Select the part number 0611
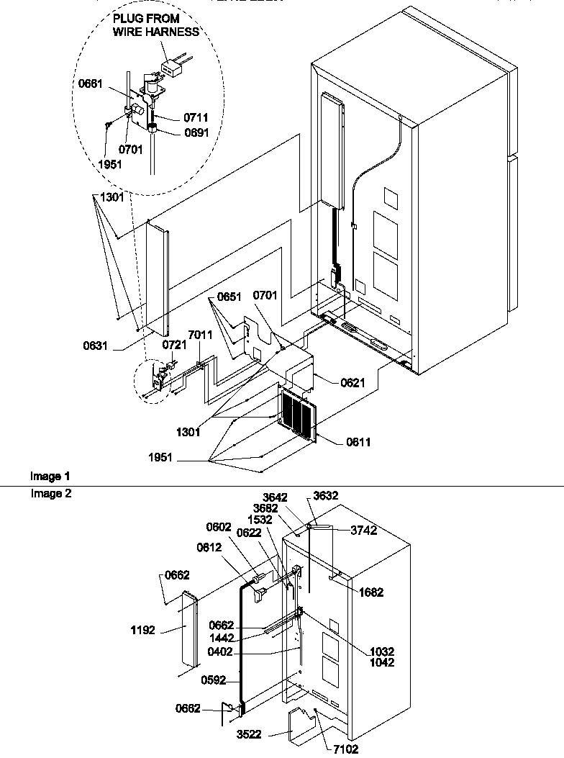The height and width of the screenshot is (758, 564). pyautogui.click(x=358, y=442)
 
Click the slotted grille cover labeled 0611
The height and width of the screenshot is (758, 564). pyautogui.click(x=296, y=417)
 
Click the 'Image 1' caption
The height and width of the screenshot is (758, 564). pyautogui.click(x=50, y=476)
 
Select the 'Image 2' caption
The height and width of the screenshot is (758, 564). pyautogui.click(x=50, y=494)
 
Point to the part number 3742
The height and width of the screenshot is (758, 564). pyautogui.click(x=363, y=531)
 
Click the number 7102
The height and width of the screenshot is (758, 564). pyautogui.click(x=346, y=749)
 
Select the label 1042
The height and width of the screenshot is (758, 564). pyautogui.click(x=382, y=662)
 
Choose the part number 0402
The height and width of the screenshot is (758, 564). pyautogui.click(x=221, y=652)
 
